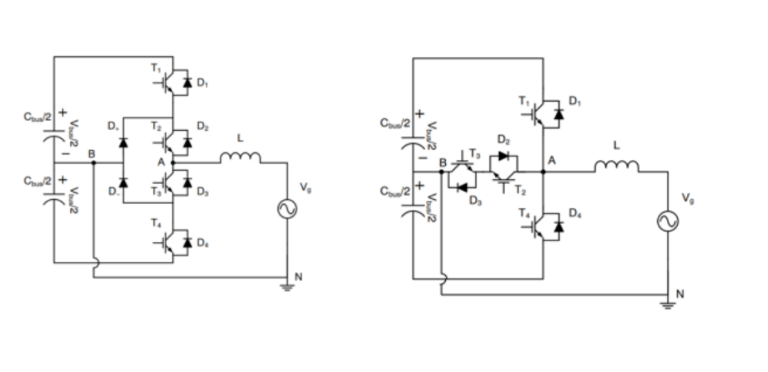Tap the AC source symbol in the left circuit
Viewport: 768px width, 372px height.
click(287, 208)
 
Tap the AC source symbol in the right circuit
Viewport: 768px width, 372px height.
click(668, 221)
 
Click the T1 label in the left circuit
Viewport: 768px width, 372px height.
click(156, 68)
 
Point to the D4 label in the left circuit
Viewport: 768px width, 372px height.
click(203, 244)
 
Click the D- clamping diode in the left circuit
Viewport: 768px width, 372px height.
click(124, 183)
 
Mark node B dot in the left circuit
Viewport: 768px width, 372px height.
click(94, 163)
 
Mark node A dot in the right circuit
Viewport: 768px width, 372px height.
click(543, 171)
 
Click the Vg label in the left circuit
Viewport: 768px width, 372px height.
click(306, 188)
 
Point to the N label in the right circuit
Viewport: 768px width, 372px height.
click(680, 294)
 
